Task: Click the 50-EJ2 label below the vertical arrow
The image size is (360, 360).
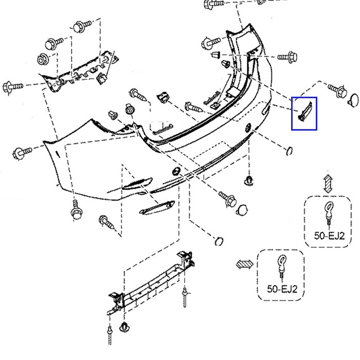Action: pyautogui.click(x=329, y=236)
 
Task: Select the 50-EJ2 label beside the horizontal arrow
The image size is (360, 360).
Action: pyautogui.click(x=282, y=289)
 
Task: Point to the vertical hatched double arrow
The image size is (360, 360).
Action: pyautogui.click(x=328, y=184)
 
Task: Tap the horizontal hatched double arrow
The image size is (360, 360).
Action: pyautogui.click(x=245, y=264)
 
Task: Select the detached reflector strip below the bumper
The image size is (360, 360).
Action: pyautogui.click(x=157, y=208)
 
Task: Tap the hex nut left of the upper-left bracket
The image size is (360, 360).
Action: pyautogui.click(x=43, y=59)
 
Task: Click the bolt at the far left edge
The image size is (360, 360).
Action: pyautogui.click(x=13, y=87)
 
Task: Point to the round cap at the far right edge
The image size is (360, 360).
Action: pyautogui.click(x=354, y=100)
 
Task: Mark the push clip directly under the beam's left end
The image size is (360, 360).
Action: pyautogui.click(x=124, y=327)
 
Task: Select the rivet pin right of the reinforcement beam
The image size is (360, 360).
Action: pyautogui.click(x=185, y=297)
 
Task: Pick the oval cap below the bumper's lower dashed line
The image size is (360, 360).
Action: pyautogui.click(x=219, y=241)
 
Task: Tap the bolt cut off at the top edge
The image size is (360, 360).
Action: pyautogui.click(x=214, y=4)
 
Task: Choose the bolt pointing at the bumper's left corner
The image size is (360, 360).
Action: pyautogui.click(x=22, y=152)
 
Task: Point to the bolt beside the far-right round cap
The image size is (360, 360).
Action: pyautogui.click(x=337, y=90)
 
